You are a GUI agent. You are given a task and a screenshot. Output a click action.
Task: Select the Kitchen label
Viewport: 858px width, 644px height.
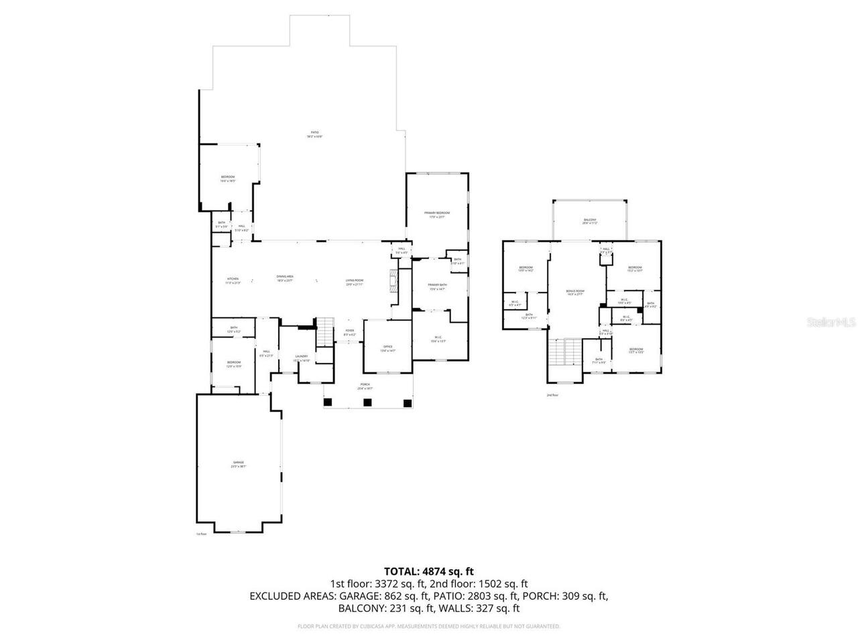click(x=233, y=280)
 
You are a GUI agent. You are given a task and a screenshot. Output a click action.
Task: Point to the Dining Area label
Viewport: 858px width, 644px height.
click(x=286, y=278)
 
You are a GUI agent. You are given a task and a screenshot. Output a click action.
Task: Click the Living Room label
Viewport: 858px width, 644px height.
click(x=354, y=281)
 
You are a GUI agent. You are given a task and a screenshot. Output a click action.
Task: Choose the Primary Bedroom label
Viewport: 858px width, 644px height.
click(x=436, y=214)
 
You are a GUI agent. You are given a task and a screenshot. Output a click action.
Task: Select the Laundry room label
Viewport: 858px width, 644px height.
click(x=301, y=358)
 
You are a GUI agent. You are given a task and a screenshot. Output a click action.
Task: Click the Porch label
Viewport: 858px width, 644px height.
click(x=365, y=386)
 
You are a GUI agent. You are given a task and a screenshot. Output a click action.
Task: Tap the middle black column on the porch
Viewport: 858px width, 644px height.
click(x=367, y=402)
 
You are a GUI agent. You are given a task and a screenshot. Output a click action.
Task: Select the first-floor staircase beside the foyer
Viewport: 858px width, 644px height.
click(x=325, y=330)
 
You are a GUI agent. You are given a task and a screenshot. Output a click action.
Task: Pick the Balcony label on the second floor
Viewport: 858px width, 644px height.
click(x=589, y=221)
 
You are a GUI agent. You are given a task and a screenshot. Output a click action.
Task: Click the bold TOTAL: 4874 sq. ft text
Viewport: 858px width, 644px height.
click(x=429, y=572)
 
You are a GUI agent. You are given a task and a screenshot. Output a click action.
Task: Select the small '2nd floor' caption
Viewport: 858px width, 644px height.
click(x=552, y=395)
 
